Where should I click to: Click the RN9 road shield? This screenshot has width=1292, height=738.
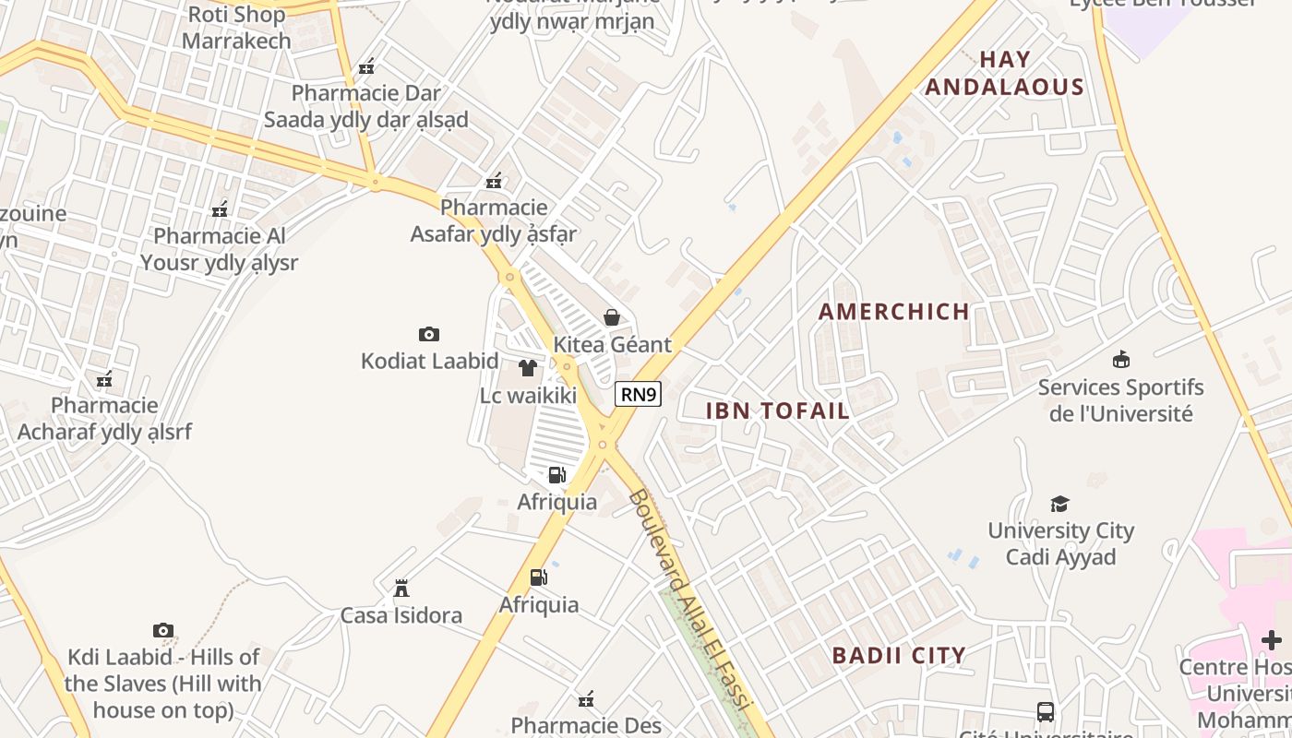[639, 394]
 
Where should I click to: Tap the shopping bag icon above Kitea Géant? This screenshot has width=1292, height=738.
[612, 317]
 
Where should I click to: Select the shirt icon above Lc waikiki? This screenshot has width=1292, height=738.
[528, 368]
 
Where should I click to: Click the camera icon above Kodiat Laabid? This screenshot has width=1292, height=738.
[429, 334]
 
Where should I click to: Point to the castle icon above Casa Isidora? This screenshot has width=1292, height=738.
[401, 588]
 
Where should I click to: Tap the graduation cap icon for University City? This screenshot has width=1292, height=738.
[1060, 504]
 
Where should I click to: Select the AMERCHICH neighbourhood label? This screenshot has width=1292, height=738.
[893, 312]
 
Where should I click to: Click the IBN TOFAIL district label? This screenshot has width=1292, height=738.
[777, 411]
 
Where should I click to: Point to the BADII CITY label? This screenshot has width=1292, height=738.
[899, 656]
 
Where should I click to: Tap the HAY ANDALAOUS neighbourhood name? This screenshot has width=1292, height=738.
[1004, 74]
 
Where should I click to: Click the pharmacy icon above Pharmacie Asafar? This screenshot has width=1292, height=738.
[495, 180]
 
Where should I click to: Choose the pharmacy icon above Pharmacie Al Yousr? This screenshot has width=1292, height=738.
[220, 209]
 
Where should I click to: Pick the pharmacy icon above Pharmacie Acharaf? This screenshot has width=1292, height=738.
[104, 378]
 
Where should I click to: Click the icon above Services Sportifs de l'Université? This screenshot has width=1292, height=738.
[1121, 359]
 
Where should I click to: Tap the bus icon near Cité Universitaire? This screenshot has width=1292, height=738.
[1046, 712]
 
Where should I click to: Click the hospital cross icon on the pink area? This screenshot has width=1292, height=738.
[1272, 639]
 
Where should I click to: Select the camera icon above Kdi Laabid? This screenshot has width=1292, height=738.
[163, 630]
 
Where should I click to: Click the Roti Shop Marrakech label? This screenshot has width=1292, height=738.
[236, 28]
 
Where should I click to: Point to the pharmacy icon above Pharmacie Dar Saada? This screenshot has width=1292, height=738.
[366, 66]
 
